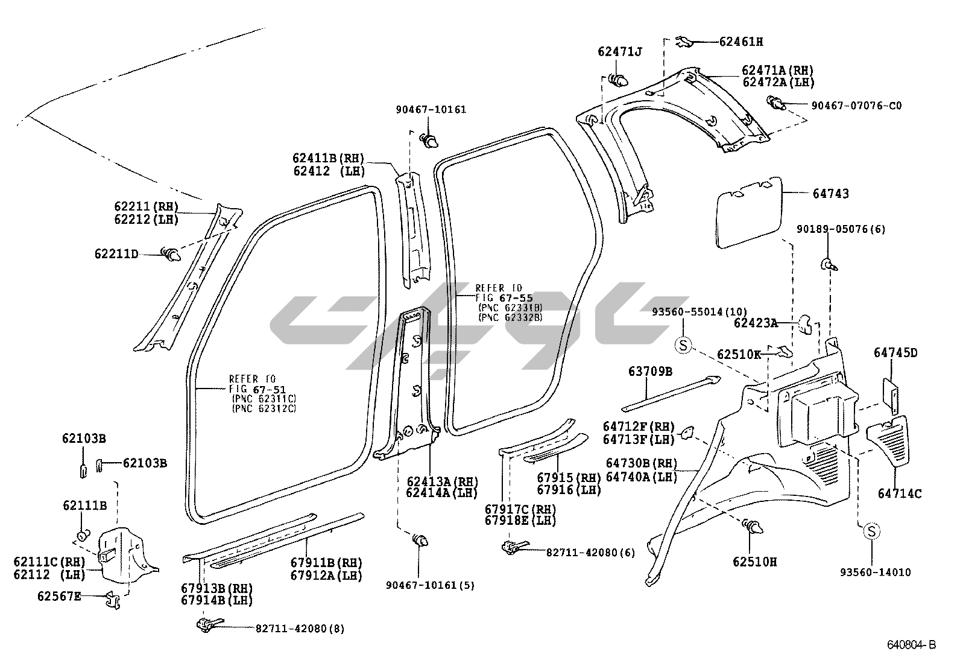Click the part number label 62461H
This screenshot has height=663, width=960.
click(x=741, y=42)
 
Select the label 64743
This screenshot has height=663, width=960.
click(x=830, y=194)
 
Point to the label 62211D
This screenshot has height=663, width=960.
click(x=116, y=254)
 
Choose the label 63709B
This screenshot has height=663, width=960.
click(x=650, y=371)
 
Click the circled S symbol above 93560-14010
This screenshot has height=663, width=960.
click(x=871, y=531)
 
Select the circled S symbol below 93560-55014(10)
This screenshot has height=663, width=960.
click(x=683, y=345)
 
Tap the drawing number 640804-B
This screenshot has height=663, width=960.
click(x=911, y=645)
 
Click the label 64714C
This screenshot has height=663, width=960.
click(x=900, y=493)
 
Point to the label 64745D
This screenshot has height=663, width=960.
click(x=895, y=353)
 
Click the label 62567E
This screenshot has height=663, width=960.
click(x=59, y=597)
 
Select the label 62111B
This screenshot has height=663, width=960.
click(x=84, y=506)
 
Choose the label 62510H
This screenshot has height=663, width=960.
click(x=755, y=562)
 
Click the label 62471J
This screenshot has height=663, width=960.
click(x=620, y=52)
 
